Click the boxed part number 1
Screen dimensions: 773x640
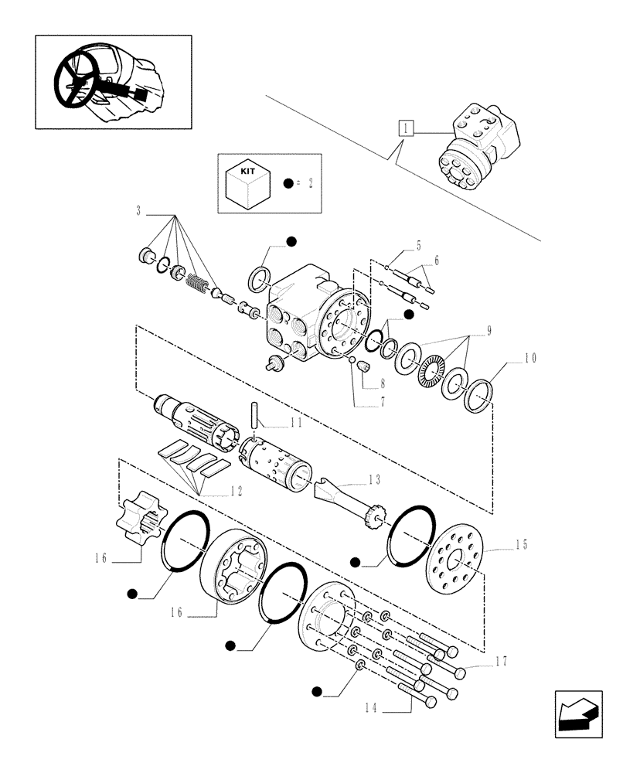pos(407,128)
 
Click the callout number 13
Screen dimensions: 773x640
pos(373,479)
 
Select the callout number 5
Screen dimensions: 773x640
pos(417,246)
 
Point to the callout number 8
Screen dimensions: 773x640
pos(382,383)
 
